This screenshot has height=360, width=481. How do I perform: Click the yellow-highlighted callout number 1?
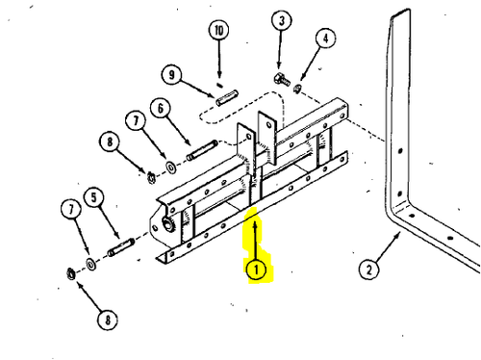(256, 270)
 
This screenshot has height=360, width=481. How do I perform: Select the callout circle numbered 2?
(368, 270)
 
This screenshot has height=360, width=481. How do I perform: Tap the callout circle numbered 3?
(282, 21)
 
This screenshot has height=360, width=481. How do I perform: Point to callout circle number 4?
(325, 39)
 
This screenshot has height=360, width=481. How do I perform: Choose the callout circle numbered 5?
(93, 197)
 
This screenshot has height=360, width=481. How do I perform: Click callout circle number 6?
(161, 109)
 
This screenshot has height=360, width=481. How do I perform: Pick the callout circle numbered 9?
(171, 75)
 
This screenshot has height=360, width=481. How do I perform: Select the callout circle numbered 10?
(218, 31)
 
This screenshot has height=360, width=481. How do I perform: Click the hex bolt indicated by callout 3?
(282, 79)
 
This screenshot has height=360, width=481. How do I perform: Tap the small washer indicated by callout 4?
(297, 88)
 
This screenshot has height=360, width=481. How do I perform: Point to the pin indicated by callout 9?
(227, 97)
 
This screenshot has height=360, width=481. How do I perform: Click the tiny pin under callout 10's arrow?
(219, 85)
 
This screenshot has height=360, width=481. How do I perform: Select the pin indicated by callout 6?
(202, 150)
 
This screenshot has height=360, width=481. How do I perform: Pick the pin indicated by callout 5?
(121, 247)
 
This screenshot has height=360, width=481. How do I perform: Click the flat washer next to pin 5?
(91, 265)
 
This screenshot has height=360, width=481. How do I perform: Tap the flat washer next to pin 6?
(171, 167)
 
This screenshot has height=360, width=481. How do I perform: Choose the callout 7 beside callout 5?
(71, 210)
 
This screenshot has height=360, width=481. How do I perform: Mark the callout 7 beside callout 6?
(136, 121)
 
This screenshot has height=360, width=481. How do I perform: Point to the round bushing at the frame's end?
(168, 224)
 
